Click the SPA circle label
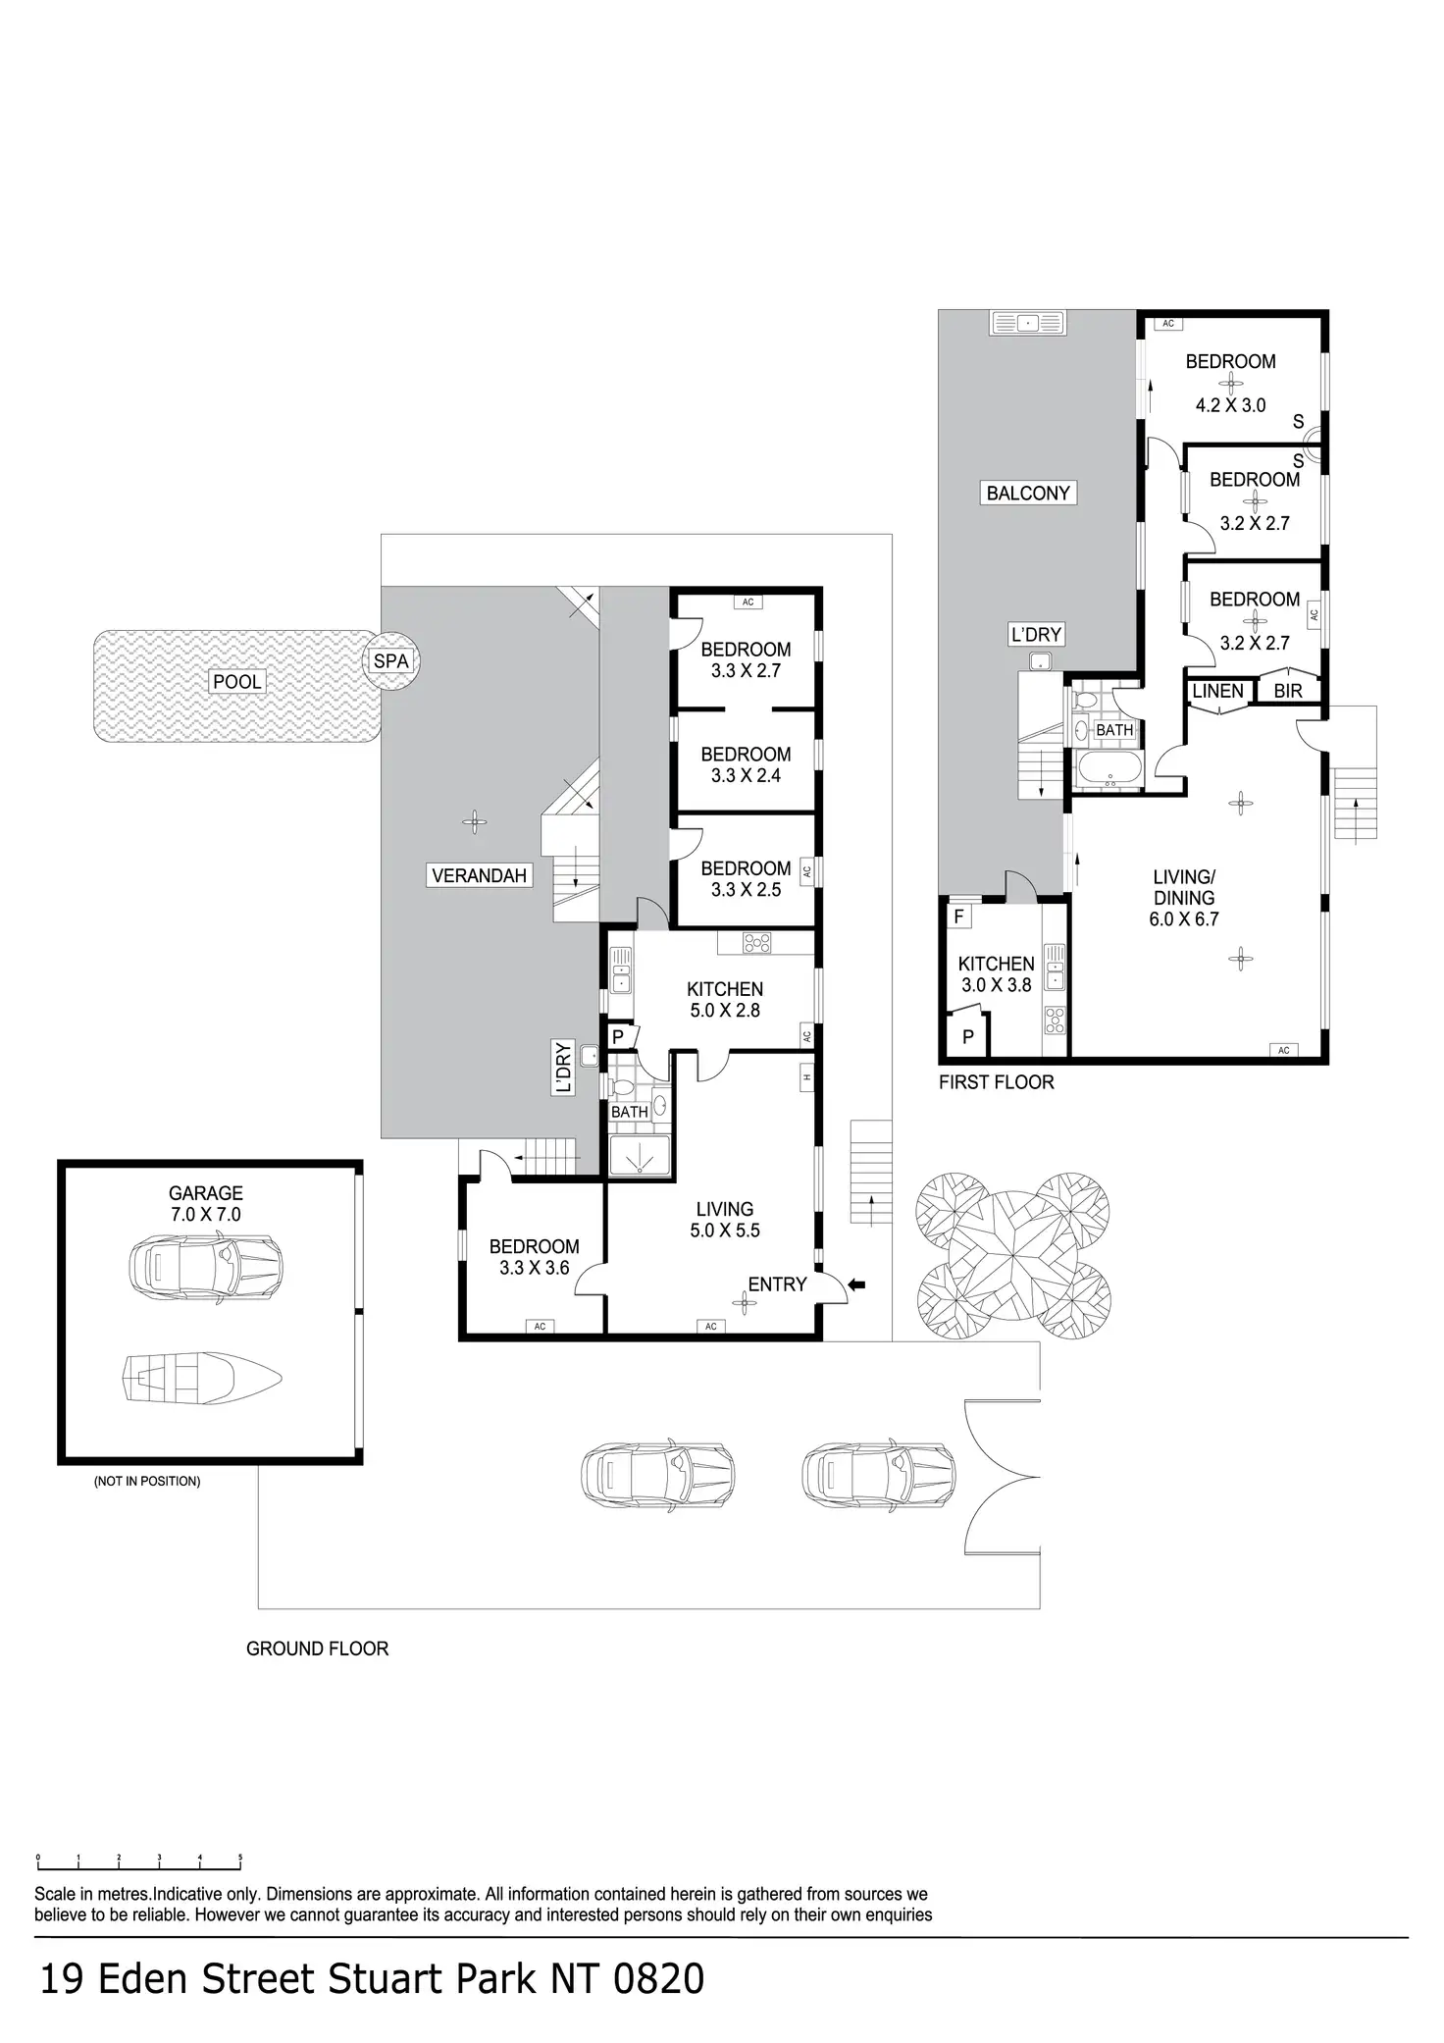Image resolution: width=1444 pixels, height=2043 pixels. point(390,661)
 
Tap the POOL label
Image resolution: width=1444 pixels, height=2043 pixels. point(237,682)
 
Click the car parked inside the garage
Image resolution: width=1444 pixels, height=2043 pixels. point(206,1265)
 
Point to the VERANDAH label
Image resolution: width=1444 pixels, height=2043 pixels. point(479,875)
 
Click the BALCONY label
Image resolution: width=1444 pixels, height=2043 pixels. point(1028,493)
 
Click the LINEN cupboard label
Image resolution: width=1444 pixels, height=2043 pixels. point(1217,691)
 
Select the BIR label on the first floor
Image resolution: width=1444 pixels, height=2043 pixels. point(1287,691)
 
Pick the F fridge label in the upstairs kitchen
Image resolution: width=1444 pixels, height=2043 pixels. point(959,917)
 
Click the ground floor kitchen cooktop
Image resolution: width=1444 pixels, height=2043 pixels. point(756,943)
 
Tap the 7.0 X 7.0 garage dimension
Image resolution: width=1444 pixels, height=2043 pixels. point(205,1214)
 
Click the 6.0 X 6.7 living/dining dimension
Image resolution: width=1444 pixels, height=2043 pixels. point(1184,919)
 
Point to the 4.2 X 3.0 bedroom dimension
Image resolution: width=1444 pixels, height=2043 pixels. point(1230,404)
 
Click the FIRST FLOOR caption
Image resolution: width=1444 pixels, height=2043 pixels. point(996,1082)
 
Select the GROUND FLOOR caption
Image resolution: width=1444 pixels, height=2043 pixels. point(317,1649)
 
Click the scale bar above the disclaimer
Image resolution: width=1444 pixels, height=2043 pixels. point(138,1860)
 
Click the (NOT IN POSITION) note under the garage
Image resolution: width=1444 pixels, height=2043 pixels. point(147,1481)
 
